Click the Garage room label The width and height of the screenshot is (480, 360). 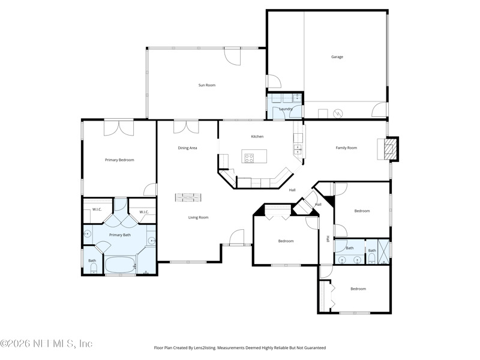(337, 57)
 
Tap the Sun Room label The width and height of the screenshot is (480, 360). (207, 85)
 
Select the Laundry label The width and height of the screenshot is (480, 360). (286, 109)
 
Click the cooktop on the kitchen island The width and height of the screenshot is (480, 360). (250, 158)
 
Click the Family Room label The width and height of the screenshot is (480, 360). (346, 148)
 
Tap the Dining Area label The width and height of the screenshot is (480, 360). (187, 148)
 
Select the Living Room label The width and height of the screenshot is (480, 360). (198, 217)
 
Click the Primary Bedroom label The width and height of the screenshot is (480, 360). (119, 160)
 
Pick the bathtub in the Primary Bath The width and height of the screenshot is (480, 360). (121, 264)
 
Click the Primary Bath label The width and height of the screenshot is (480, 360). (119, 235)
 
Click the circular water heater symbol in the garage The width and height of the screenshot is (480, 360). (337, 112)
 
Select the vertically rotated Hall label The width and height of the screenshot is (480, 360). (328, 238)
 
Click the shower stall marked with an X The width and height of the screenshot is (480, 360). (384, 248)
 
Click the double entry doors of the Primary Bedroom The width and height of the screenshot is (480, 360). (119, 128)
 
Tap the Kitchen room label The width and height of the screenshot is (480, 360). (257, 137)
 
